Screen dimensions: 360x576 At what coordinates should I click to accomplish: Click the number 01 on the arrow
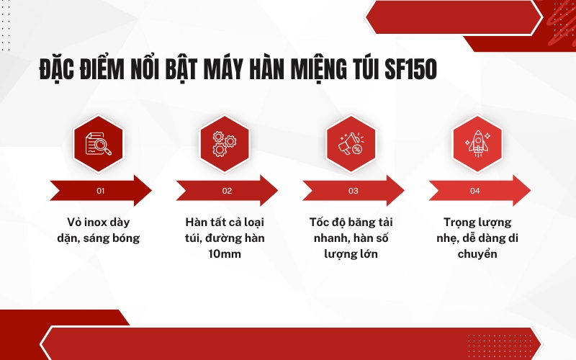click(x=100, y=191)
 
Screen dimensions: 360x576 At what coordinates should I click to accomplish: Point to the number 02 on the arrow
click(x=227, y=191)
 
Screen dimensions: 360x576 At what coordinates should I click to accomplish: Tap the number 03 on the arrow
click(x=353, y=191)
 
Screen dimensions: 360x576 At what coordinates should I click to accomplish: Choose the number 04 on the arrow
click(x=474, y=191)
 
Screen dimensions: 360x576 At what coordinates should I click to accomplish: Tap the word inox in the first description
click(x=95, y=220)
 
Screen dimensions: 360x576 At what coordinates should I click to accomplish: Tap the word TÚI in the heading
click(x=359, y=71)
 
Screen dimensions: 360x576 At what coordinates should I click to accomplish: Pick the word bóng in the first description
click(x=123, y=237)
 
